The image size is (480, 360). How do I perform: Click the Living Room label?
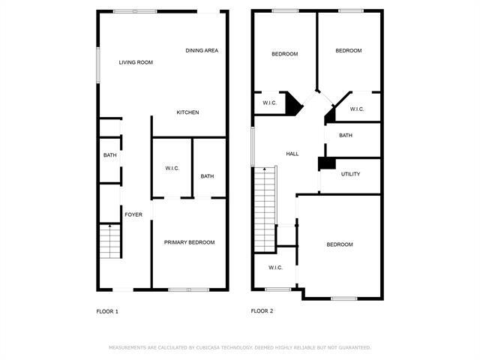click(136, 62)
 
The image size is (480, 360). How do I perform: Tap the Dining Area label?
click(202, 50)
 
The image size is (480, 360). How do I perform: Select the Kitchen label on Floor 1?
click(187, 112)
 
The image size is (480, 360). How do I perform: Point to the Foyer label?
click(133, 214)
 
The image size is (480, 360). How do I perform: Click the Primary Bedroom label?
click(190, 242)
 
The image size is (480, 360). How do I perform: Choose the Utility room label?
click(350, 174)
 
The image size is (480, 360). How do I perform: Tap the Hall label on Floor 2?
click(292, 154)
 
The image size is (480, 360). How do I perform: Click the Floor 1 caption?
click(107, 311)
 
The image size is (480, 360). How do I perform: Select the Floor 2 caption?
click(262, 311)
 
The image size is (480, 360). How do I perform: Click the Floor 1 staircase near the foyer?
click(109, 241)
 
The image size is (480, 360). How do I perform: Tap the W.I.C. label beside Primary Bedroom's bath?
click(172, 169)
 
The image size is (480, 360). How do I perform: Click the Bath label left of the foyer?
click(110, 155)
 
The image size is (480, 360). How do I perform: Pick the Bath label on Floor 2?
click(346, 136)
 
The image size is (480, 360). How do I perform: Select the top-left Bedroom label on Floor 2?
click(284, 54)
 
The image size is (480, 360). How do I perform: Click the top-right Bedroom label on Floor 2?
click(348, 51)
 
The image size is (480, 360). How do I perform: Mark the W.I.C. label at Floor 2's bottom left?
click(275, 268)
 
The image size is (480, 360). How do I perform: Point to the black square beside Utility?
click(325, 163)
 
